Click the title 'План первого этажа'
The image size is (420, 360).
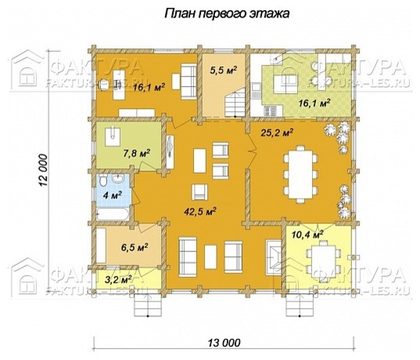click(x=227, y=13)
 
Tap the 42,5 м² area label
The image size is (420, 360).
click(x=200, y=211)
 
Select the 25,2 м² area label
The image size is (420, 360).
click(x=277, y=132)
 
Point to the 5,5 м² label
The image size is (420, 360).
click(x=224, y=70)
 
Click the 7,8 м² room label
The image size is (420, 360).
click(x=136, y=153)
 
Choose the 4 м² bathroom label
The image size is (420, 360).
click(x=112, y=195)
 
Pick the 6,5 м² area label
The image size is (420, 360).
click(x=135, y=247)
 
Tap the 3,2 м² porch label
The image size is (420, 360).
click(x=118, y=280)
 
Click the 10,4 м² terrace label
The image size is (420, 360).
click(x=307, y=235)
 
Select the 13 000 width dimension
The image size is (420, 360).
click(x=224, y=342)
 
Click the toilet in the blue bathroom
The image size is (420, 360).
click(x=102, y=180)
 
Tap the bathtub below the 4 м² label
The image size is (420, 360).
click(x=113, y=214)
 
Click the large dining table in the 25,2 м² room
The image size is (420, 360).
click(x=300, y=175)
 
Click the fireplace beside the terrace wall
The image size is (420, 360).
click(x=274, y=254)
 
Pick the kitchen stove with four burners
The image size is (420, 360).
click(x=270, y=110)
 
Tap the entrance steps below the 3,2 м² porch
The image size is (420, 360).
click(x=148, y=305)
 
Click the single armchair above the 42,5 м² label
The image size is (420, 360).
click(x=199, y=192)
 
